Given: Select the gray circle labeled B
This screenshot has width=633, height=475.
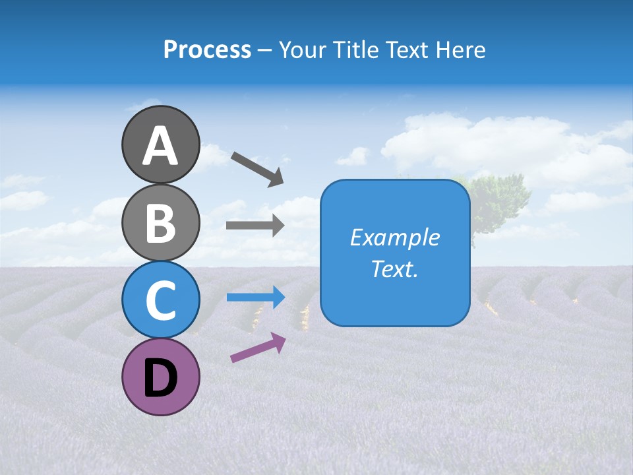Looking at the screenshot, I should [x=160, y=222].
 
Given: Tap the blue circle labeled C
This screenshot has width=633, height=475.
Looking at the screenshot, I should [x=160, y=300].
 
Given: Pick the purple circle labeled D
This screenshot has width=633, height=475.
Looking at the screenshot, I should [x=160, y=378].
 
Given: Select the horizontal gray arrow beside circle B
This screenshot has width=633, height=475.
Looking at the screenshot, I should [x=255, y=226].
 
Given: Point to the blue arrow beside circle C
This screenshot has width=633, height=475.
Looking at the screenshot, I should [x=255, y=297].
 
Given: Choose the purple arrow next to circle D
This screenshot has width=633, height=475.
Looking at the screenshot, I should [x=258, y=348].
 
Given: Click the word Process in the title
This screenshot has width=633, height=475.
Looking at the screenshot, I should [x=207, y=50].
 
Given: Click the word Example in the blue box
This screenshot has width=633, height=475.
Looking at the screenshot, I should [x=394, y=237].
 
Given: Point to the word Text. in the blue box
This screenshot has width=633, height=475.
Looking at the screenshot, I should [x=394, y=269].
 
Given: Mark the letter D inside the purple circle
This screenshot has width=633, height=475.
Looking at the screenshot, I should [x=160, y=379].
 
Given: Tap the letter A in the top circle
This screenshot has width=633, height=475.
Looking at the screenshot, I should [x=160, y=146].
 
